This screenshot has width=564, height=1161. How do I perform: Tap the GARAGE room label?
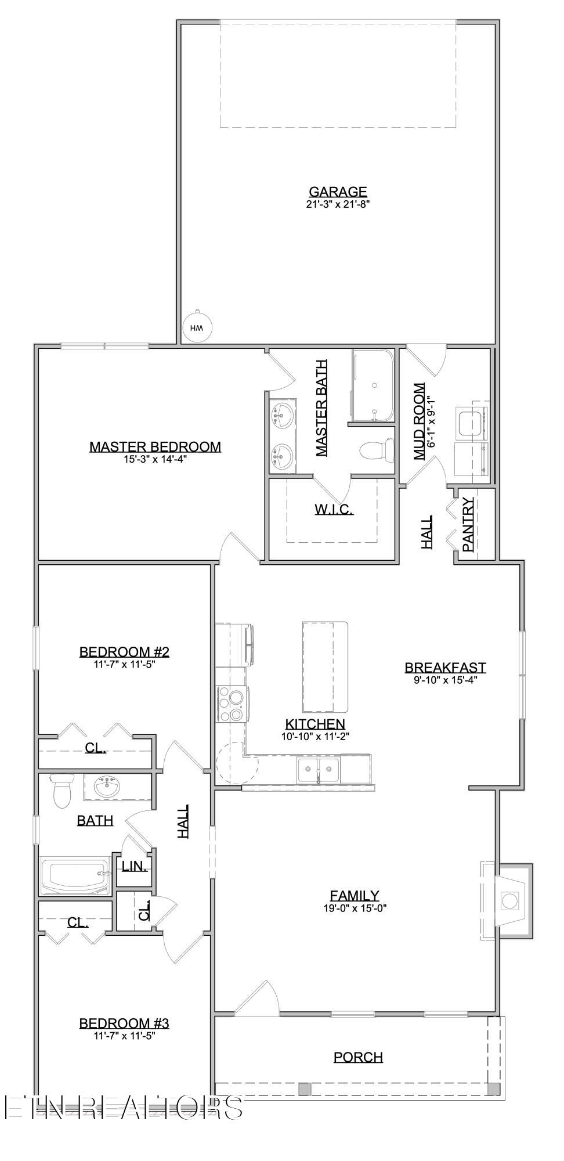coord(338,192)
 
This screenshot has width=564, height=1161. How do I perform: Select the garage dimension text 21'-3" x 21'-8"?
coord(338,204)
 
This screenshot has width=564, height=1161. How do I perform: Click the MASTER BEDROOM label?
coord(155,446)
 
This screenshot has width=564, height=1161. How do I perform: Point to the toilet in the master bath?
coord(372,450)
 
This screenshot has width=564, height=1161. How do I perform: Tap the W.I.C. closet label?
coord(334,510)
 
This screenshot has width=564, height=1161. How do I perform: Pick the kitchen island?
coord(325,667)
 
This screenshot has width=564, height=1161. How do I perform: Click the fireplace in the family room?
coord(509,901)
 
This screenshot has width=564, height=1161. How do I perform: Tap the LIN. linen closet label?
coord(133,867)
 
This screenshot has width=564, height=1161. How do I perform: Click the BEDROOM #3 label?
coord(124,1023)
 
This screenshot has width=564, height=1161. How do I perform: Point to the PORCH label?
coord(358,1057)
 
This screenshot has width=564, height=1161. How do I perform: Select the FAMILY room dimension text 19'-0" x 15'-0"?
coord(355,908)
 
